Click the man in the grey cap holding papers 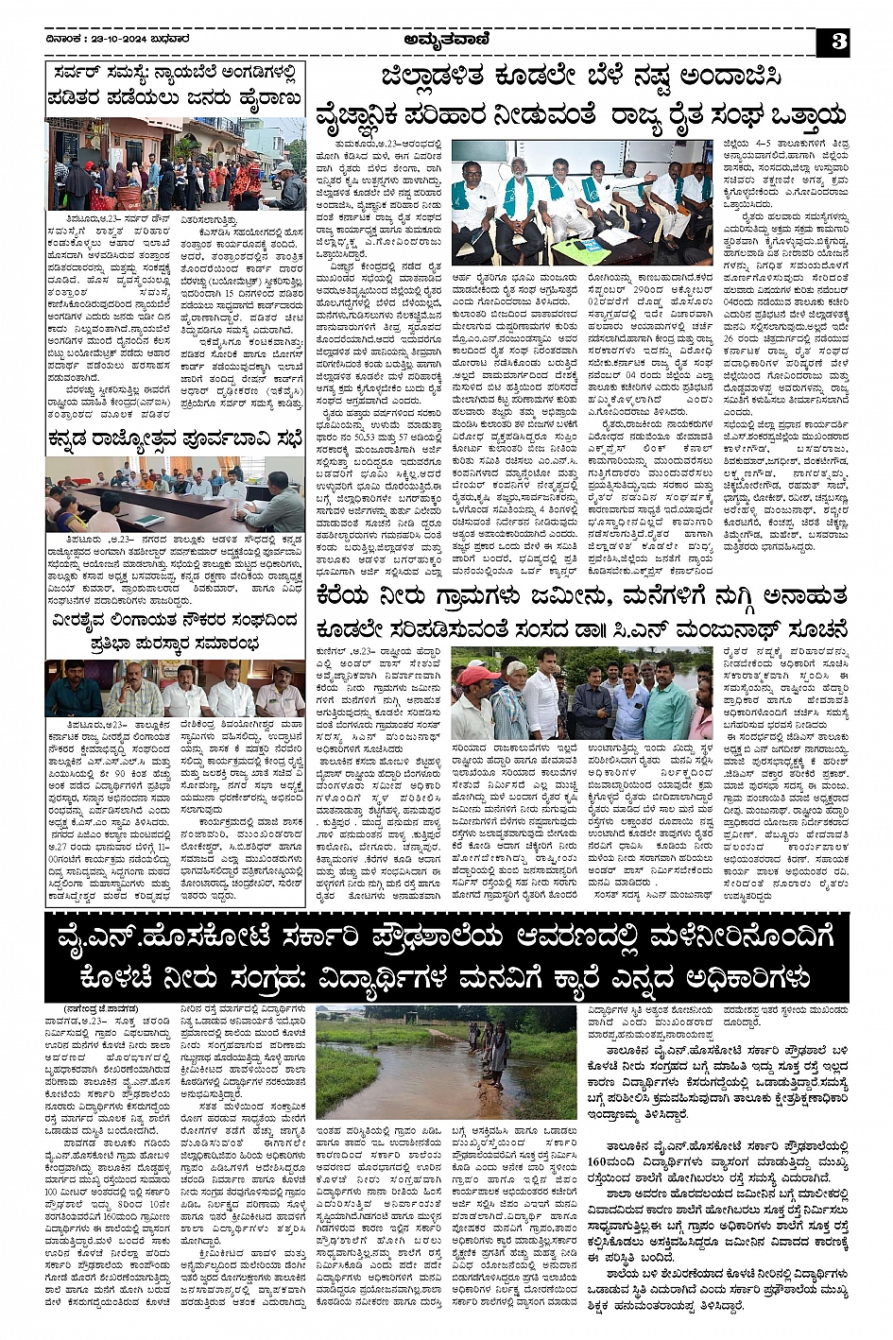click(x=283, y=184)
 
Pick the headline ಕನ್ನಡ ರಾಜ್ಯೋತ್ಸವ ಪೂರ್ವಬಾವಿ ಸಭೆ click(x=175, y=437)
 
